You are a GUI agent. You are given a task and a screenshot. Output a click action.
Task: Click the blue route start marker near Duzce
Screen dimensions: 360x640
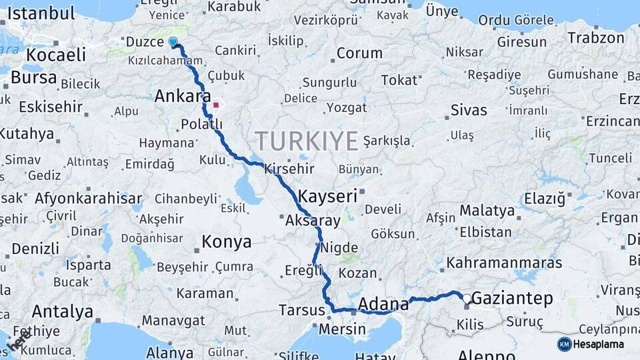[x=173, y=42]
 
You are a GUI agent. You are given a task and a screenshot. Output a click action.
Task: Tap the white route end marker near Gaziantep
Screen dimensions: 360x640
[x=467, y=299]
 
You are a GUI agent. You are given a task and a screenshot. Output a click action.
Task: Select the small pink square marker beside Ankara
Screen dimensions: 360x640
[x=215, y=104]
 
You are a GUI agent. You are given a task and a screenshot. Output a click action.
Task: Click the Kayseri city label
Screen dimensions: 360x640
[x=328, y=197]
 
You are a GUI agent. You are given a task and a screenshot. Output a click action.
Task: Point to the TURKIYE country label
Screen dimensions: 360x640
[x=307, y=141]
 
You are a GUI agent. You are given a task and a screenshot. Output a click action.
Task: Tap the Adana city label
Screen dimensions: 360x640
[x=383, y=305]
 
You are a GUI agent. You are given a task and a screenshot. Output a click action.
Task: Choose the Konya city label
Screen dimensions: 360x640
[x=227, y=241]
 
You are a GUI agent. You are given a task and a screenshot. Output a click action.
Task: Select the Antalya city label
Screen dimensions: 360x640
[x=62, y=311]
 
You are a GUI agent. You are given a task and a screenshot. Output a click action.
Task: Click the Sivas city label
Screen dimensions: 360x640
[x=469, y=110]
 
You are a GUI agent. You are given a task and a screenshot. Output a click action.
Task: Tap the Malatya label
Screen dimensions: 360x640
[x=487, y=211]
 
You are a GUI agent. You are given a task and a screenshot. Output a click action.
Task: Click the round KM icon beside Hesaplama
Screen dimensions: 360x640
[x=565, y=344]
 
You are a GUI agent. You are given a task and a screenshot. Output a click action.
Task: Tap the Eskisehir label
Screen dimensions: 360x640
[x=51, y=107]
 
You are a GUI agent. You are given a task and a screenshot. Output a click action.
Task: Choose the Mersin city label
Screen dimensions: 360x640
[x=343, y=329]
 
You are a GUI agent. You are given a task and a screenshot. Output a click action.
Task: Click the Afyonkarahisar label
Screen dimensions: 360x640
[x=88, y=198]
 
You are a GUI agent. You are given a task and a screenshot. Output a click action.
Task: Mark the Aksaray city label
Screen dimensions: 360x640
[x=313, y=220]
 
